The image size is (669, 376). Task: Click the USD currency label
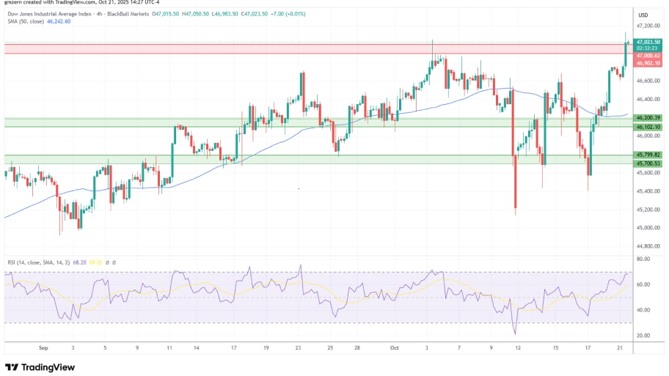pos(643,15)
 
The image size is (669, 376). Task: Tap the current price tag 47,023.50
pos(649,43)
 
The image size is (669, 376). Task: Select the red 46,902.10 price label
pos(649,63)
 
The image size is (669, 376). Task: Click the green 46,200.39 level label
pos(649,117)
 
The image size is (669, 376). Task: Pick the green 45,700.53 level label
pos(649,163)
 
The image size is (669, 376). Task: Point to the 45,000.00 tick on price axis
pos(648,228)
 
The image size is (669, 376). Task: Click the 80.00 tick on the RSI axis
pos(643,259)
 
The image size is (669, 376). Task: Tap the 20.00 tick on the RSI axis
pos(643,336)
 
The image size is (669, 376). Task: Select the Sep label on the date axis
pos(43,349)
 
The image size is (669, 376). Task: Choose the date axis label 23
pos(298,349)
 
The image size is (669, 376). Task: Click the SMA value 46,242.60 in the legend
pos(58,22)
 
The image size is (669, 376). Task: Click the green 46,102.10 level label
pos(649,127)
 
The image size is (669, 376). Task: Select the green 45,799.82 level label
pos(649,155)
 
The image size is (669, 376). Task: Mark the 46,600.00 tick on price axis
pos(648,81)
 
